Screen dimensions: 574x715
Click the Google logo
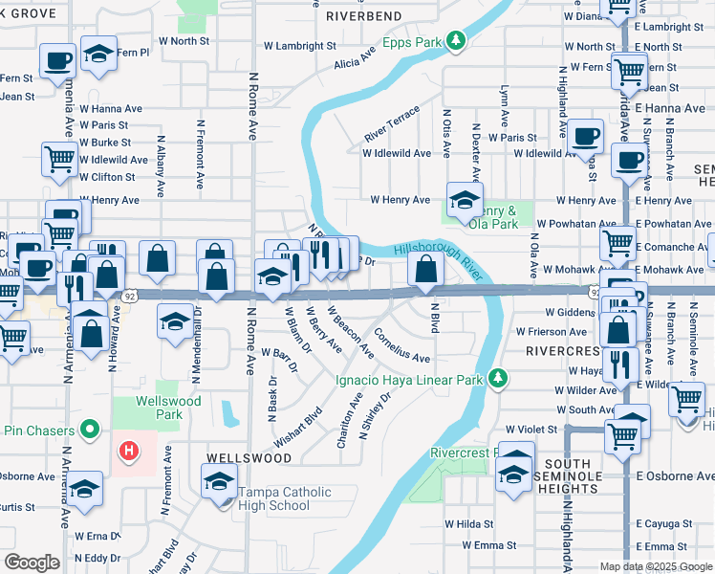32,563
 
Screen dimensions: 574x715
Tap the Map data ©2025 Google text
656,566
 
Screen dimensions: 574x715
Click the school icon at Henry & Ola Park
466,199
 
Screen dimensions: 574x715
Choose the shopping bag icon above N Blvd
424,273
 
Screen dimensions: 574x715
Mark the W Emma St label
488,545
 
